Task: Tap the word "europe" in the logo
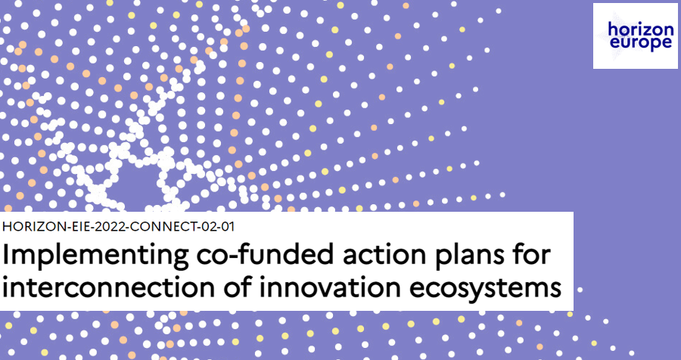coord(636,43)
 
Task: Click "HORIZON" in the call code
coord(34,227)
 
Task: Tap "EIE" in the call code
coord(79,227)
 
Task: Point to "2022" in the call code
coord(107,227)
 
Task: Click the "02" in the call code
coord(206,227)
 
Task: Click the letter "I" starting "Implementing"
coord(5,256)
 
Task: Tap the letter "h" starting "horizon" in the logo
coord(613,29)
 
